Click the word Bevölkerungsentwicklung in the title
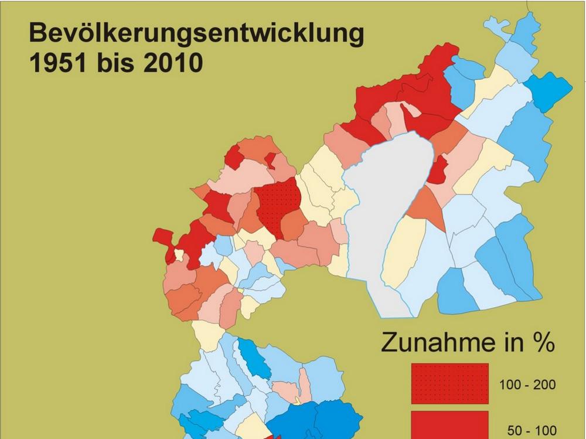(x=196, y=34)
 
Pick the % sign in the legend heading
(x=541, y=343)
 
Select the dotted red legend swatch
(x=449, y=383)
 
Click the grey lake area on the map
(x=387, y=205)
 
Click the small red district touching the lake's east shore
(x=438, y=170)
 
